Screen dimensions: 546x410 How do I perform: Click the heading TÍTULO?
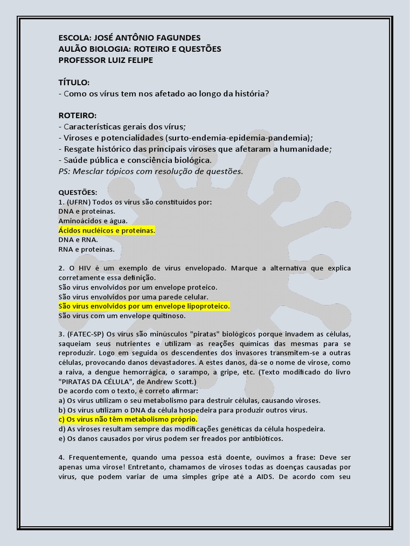(x=74, y=83)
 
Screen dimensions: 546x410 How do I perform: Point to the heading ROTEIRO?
(x=77, y=115)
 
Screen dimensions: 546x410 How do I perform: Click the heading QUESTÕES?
(x=78, y=192)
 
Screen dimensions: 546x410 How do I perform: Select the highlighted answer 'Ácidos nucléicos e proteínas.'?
(x=107, y=230)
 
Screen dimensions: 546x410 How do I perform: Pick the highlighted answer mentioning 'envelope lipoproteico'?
(x=144, y=306)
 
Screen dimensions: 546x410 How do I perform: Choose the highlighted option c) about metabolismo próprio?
(x=128, y=419)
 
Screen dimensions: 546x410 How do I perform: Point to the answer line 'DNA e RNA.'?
(x=78, y=240)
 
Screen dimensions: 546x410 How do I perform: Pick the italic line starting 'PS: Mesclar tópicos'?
(x=151, y=171)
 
